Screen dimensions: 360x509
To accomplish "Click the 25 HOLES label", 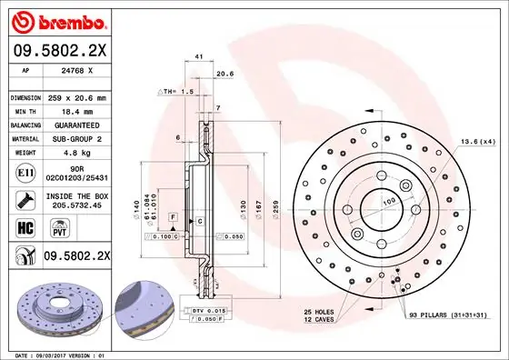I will click(320, 313).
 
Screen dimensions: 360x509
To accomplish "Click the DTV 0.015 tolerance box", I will click(207, 312).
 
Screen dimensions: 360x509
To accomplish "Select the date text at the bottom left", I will click(56, 354).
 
